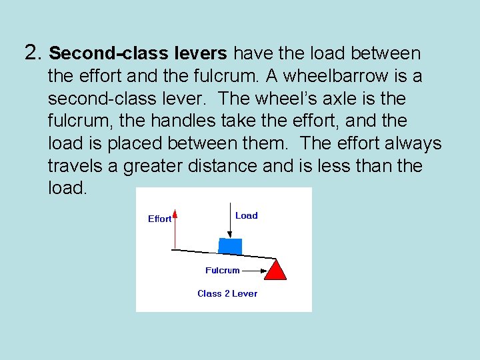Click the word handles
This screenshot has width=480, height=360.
click(145, 121)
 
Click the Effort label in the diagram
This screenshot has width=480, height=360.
click(159, 219)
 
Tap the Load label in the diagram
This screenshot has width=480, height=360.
click(246, 215)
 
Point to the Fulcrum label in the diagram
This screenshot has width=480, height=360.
click(222, 270)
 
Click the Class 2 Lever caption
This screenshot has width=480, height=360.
click(227, 293)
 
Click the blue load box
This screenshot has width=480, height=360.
click(230, 246)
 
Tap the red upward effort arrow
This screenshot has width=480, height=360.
click(175, 230)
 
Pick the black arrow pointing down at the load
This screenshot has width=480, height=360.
click(229, 220)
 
